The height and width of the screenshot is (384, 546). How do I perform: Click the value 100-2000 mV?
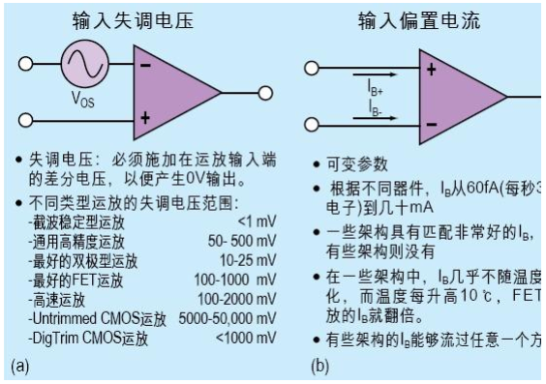(x=232, y=299)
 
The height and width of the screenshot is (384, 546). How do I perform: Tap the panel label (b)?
(x=319, y=368)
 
